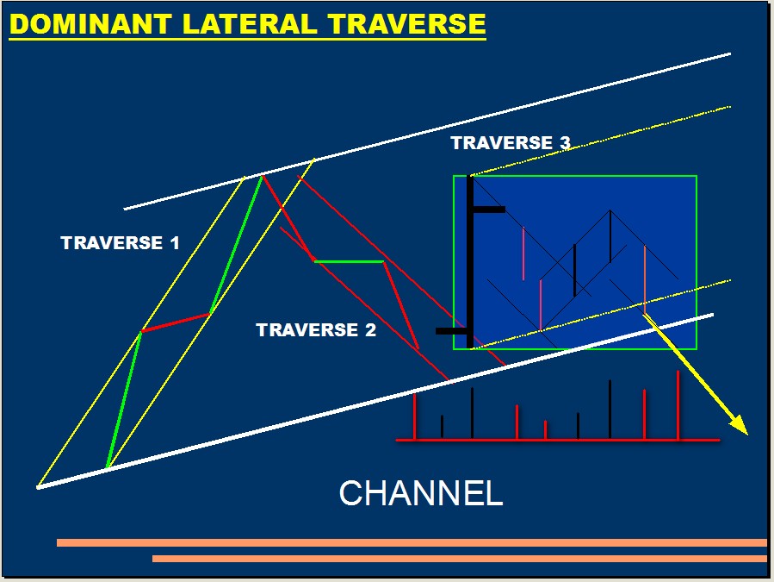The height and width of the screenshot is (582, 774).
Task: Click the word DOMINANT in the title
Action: point(90,24)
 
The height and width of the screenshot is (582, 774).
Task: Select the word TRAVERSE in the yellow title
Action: point(406,24)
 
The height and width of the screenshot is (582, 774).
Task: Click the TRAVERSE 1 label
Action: point(120,243)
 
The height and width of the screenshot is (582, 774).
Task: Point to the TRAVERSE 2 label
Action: point(316,330)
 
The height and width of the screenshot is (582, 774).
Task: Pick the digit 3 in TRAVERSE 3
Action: point(565,143)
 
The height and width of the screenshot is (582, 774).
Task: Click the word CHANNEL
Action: point(421,493)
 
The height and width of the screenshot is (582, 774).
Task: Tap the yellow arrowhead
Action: point(739,425)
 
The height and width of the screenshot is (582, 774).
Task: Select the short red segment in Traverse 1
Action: point(176,322)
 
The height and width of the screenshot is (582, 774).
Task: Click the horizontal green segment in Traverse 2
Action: point(349,261)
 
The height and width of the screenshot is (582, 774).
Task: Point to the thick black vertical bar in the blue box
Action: point(470,262)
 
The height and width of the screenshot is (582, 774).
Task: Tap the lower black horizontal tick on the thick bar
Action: point(452,331)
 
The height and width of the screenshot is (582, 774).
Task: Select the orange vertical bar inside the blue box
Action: point(645,278)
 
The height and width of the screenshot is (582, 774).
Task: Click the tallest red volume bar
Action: point(678,405)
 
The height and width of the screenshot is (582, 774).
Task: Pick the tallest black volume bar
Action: point(610,410)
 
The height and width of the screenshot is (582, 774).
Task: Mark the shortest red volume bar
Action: point(546,429)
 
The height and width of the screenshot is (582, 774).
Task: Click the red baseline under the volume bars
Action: point(558,440)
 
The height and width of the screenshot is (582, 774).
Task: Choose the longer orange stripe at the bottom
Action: point(412,543)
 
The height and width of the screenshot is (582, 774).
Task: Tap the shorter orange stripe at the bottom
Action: point(460,559)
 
